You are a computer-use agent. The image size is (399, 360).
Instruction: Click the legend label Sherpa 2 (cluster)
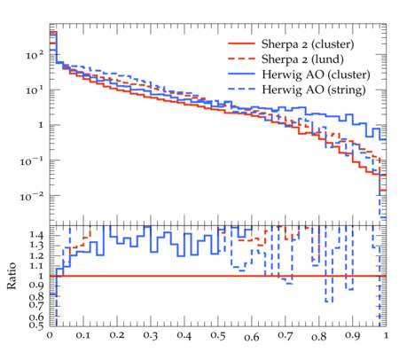(308, 44)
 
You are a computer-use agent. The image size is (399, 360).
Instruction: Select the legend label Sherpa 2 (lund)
(302, 59)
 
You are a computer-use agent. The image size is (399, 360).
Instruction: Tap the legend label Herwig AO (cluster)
(316, 74)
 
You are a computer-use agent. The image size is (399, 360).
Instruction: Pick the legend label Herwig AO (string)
(314, 90)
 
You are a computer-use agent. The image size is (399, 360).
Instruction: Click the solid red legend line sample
(241, 43)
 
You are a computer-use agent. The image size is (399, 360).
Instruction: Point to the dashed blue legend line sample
(241, 89)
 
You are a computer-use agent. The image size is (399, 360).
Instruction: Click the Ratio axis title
(12, 276)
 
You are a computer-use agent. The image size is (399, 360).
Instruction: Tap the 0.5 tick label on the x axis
(218, 336)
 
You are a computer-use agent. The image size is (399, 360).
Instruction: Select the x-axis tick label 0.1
(83, 336)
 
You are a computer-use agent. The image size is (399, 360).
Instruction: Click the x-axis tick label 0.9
(353, 336)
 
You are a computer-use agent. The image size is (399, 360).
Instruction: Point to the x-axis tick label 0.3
(151, 336)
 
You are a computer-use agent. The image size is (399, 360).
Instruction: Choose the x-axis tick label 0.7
(286, 336)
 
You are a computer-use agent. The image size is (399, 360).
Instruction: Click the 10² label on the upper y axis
(35, 55)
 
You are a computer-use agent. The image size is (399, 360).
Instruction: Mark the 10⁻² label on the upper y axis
(32, 196)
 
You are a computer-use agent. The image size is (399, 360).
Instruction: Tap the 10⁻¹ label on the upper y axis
(32, 160)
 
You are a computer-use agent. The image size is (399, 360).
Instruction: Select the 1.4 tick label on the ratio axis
(36, 235)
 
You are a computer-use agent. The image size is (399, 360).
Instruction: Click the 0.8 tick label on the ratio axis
(36, 296)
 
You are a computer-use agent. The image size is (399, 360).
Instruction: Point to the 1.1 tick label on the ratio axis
(36, 266)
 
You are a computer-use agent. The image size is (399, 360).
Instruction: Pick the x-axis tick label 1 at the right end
(386, 335)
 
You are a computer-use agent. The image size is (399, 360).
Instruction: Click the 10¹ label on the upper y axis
(35, 90)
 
